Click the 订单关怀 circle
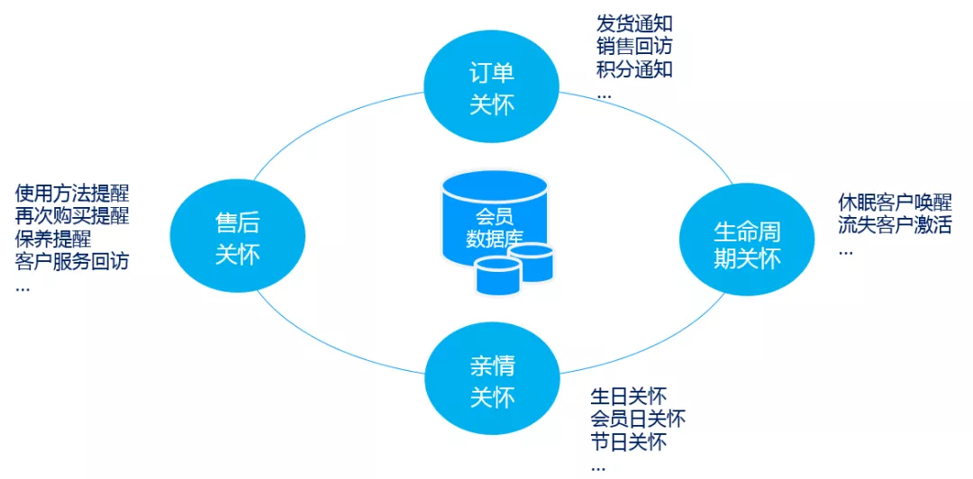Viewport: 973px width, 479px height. click(492, 88)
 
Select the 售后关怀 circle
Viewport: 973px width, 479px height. click(237, 238)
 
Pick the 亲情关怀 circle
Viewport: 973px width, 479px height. click(492, 381)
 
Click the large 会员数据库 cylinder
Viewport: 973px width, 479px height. click(495, 218)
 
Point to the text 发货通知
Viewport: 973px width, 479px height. click(634, 24)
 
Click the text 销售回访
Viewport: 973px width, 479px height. click(634, 47)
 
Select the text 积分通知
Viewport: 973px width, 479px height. click(634, 69)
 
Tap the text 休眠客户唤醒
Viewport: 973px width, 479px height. click(895, 203)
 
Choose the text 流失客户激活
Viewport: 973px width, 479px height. click(895, 225)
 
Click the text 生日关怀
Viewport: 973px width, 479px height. click(628, 397)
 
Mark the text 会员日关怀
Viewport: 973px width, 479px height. click(638, 420)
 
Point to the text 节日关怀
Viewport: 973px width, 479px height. click(628, 442)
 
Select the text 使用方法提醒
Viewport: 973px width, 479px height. click(72, 194)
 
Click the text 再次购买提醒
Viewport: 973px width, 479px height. click(72, 216)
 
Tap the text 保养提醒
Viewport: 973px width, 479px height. click(53, 239)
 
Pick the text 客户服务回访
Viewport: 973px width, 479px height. click(72, 261)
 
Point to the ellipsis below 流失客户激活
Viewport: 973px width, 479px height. click(845, 252)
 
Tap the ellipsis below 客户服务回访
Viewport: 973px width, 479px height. click(23, 288)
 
